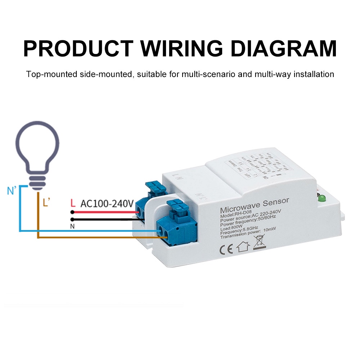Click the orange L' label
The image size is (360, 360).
click(x=46, y=203)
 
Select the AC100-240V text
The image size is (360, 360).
click(x=107, y=204)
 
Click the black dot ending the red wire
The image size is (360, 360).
click(x=72, y=212)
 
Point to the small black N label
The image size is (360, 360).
click(x=72, y=226)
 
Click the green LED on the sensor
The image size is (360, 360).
click(x=320, y=198)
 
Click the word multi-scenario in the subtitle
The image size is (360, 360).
click(x=208, y=75)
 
